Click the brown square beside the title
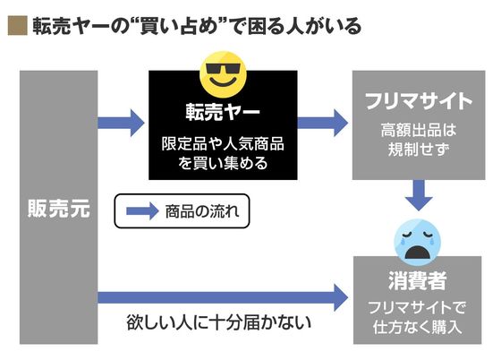pyautogui.click(x=18, y=25)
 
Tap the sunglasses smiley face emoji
pyautogui.click(x=223, y=74)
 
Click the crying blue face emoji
pyautogui.click(x=417, y=242)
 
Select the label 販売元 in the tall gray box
pyautogui.click(x=59, y=209)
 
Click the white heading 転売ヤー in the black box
pyautogui.click(x=223, y=112)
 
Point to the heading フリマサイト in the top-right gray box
pyautogui.click(x=419, y=101)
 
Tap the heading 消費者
pyautogui.click(x=417, y=280)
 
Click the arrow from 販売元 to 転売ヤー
pyautogui.click(x=121, y=123)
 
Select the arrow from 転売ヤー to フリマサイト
pyautogui.click(x=323, y=123)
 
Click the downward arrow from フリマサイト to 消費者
pyautogui.click(x=419, y=195)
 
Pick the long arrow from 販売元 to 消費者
pyautogui.click(x=223, y=297)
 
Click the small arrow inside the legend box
pyautogui.click(x=142, y=211)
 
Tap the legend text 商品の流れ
pyautogui.click(x=202, y=211)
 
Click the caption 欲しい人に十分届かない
pyautogui.click(x=219, y=322)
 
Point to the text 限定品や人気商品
pyautogui.click(x=223, y=144)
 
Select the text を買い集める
pyautogui.click(x=223, y=163)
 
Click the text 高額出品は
pyautogui.click(x=419, y=130)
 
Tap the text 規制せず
pyautogui.click(x=419, y=149)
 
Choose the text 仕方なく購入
pyautogui.click(x=417, y=327)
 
